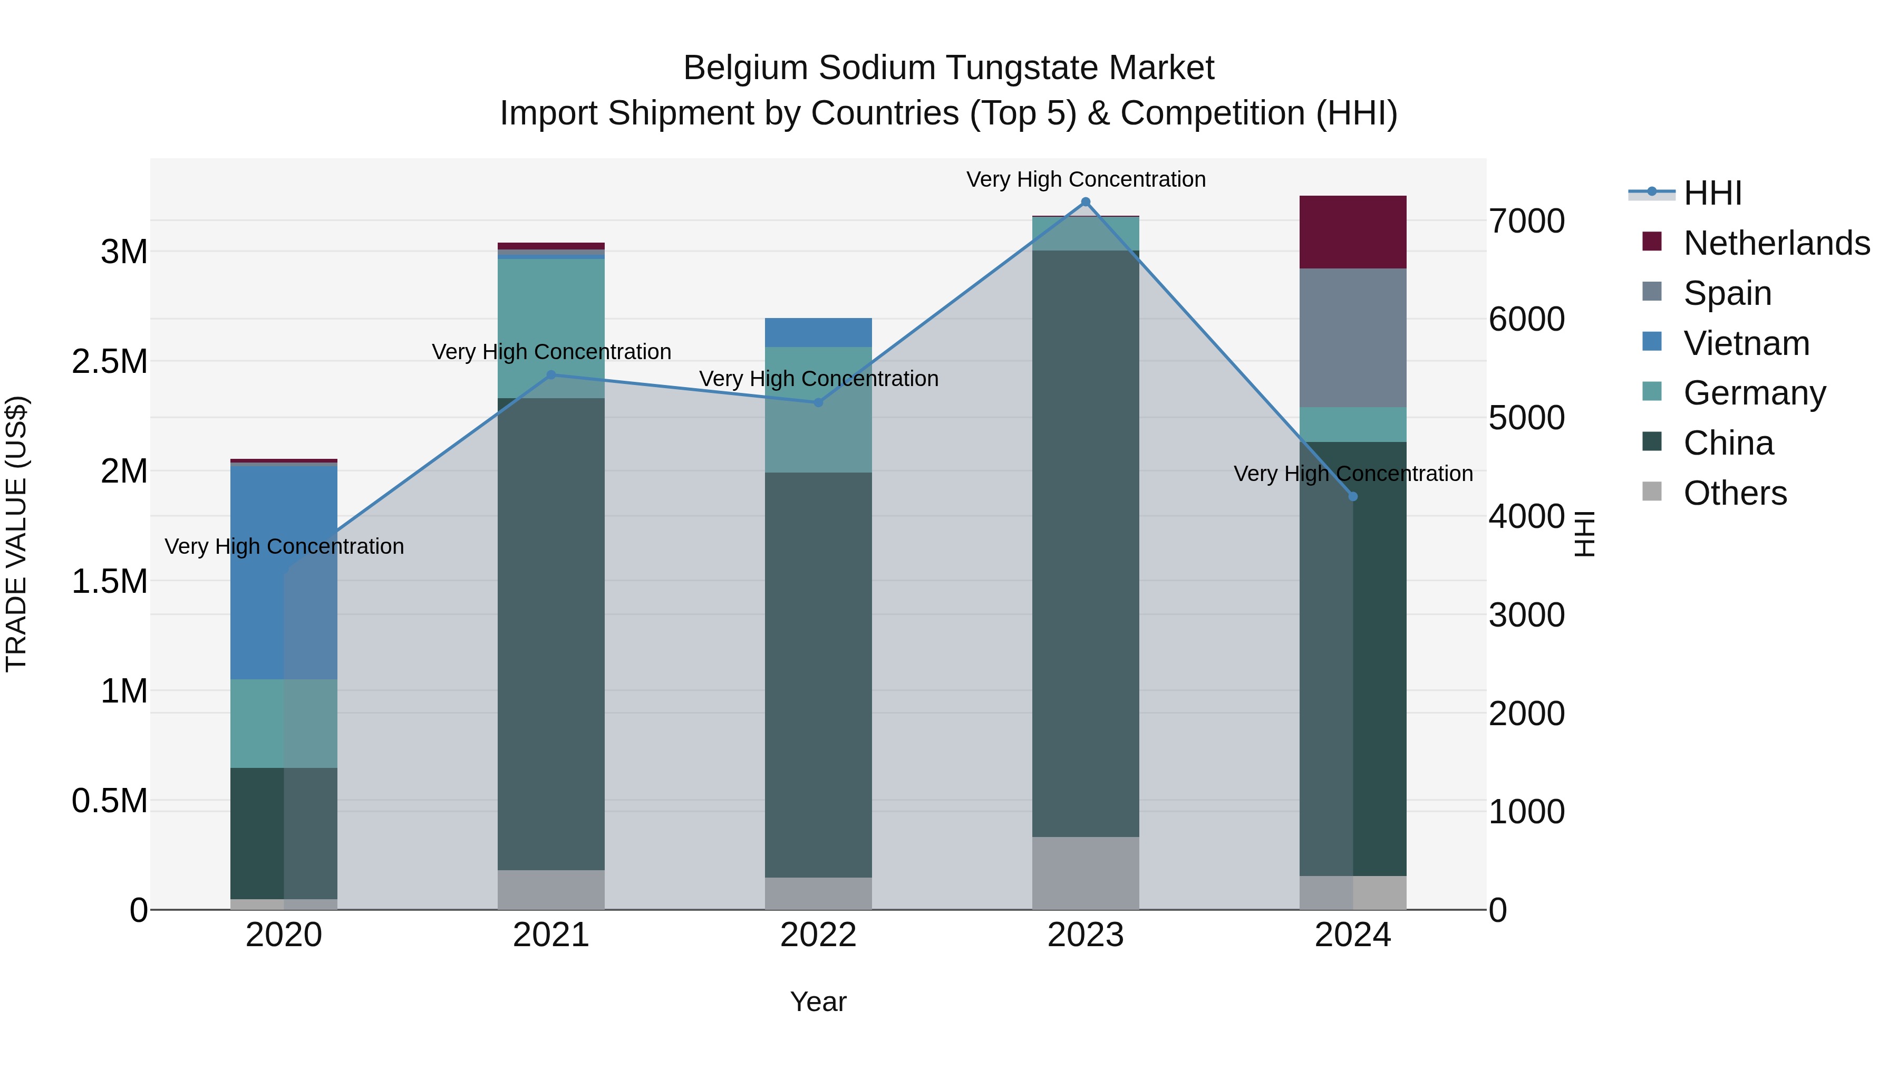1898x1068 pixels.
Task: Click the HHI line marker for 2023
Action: coord(1086,202)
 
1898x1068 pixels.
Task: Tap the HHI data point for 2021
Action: coord(551,375)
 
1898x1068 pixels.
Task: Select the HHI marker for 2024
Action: coord(1353,497)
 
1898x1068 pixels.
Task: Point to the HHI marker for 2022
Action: coord(818,402)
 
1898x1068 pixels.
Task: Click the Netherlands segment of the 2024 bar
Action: coord(1353,232)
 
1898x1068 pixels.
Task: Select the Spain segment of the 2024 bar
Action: coord(1353,338)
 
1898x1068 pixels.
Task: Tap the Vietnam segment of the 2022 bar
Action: coord(818,332)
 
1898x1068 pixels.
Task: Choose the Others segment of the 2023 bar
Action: coord(1086,873)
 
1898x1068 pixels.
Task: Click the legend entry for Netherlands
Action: coord(1776,243)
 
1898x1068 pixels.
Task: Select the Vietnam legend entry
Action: coord(1746,343)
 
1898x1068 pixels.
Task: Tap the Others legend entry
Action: coord(1735,493)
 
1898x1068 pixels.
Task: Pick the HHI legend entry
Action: coord(1712,193)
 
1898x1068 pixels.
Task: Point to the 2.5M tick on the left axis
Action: coord(110,362)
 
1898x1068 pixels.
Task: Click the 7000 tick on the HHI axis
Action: coord(1527,221)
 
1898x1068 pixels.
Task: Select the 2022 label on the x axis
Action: coord(818,935)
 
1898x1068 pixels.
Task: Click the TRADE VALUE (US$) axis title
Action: coord(16,534)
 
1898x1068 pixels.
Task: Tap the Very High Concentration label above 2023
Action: coord(1086,179)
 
